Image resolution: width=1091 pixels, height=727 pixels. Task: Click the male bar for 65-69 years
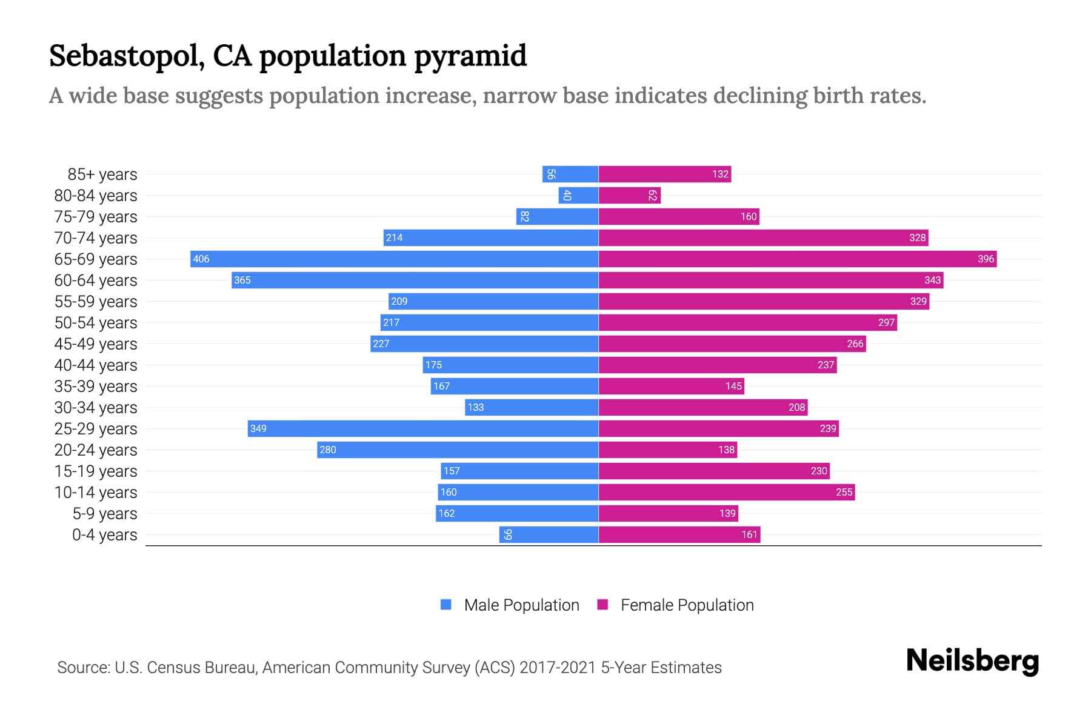(x=394, y=259)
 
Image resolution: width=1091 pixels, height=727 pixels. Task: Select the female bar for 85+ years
(x=665, y=174)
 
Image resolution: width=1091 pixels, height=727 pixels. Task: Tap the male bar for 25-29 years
(x=423, y=428)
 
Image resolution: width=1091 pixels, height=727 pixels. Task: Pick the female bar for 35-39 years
(x=671, y=386)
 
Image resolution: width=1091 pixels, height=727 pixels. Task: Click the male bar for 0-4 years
(x=549, y=534)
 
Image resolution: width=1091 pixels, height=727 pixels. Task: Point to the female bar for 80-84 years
(x=629, y=195)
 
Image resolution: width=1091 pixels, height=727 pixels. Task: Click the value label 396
(x=986, y=259)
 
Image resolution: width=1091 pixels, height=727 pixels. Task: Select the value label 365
(x=242, y=280)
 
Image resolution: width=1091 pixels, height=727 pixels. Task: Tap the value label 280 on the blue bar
(x=328, y=450)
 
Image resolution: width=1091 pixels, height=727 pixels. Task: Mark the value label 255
(x=844, y=492)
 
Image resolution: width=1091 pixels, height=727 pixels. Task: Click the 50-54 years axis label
(x=96, y=322)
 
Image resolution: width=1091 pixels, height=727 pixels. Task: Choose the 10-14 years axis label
(x=96, y=492)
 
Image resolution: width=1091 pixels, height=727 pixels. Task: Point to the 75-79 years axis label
(x=96, y=216)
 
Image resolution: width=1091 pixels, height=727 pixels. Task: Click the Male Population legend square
(x=446, y=605)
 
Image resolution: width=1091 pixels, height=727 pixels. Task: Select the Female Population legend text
(x=687, y=605)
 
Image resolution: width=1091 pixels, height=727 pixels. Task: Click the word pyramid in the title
(x=470, y=56)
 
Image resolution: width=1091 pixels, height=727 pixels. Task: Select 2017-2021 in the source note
(x=558, y=668)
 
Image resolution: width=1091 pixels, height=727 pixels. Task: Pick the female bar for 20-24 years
(x=667, y=450)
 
